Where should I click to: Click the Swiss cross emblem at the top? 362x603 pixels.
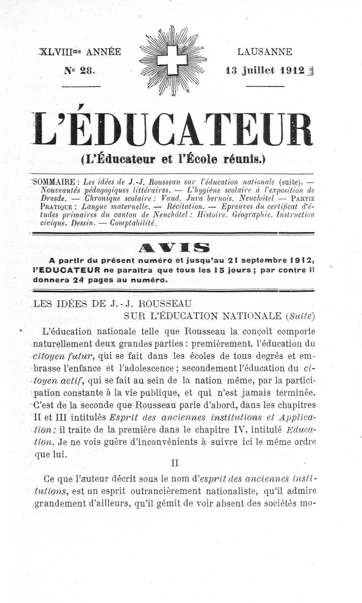coord(173,60)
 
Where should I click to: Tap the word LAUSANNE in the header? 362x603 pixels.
coord(265,52)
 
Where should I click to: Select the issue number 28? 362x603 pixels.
coord(85,70)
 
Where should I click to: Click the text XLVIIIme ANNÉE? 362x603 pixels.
coord(80,52)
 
